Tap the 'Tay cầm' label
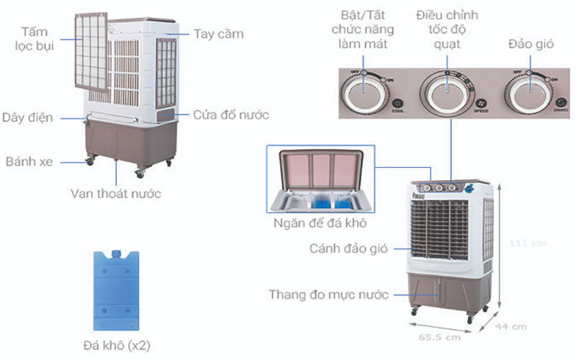[218, 34]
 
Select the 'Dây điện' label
[27, 117]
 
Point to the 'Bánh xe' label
[28, 161]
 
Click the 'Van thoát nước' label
[115, 193]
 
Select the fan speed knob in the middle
[446, 91]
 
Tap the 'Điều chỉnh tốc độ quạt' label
[446, 30]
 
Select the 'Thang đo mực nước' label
[328, 294]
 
